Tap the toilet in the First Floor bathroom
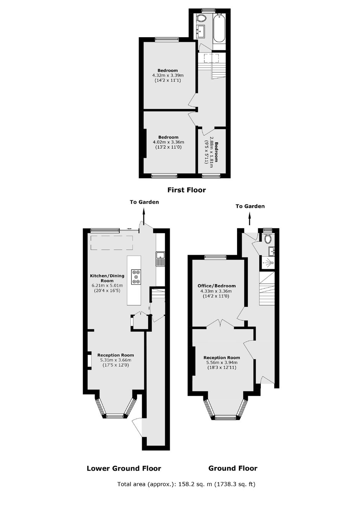tap(201, 18)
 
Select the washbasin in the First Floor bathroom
tap(201, 31)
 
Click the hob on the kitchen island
tap(136, 277)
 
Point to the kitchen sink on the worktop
tap(160, 259)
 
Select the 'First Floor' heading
tap(187, 190)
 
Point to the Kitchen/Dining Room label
tap(107, 278)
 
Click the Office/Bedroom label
tap(217, 286)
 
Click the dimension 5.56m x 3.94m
tap(222, 362)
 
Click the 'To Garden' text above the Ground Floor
tap(250, 206)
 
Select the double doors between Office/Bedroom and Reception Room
tap(220, 323)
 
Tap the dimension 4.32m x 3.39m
tap(168, 75)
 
